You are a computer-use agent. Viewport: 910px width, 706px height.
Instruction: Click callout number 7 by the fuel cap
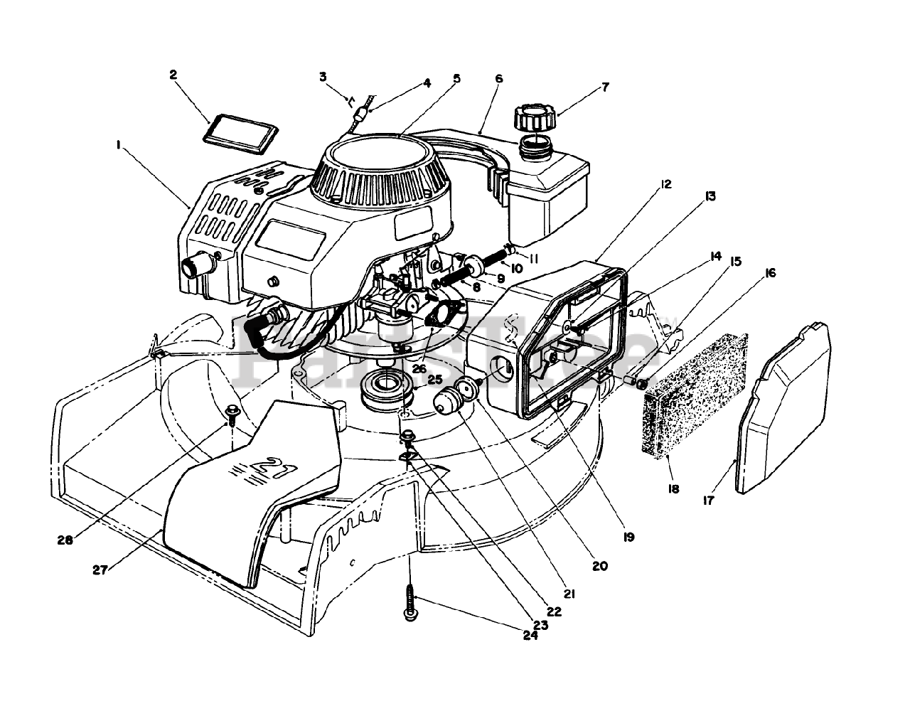pyautogui.click(x=605, y=88)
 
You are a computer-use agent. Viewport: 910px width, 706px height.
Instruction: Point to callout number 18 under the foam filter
pyautogui.click(x=673, y=489)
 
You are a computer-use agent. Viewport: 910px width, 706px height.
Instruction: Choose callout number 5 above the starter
pyautogui.click(x=456, y=78)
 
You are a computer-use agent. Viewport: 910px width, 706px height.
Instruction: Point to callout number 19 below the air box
pyautogui.click(x=628, y=537)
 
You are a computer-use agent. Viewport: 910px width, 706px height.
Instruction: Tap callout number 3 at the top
pyautogui.click(x=323, y=76)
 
